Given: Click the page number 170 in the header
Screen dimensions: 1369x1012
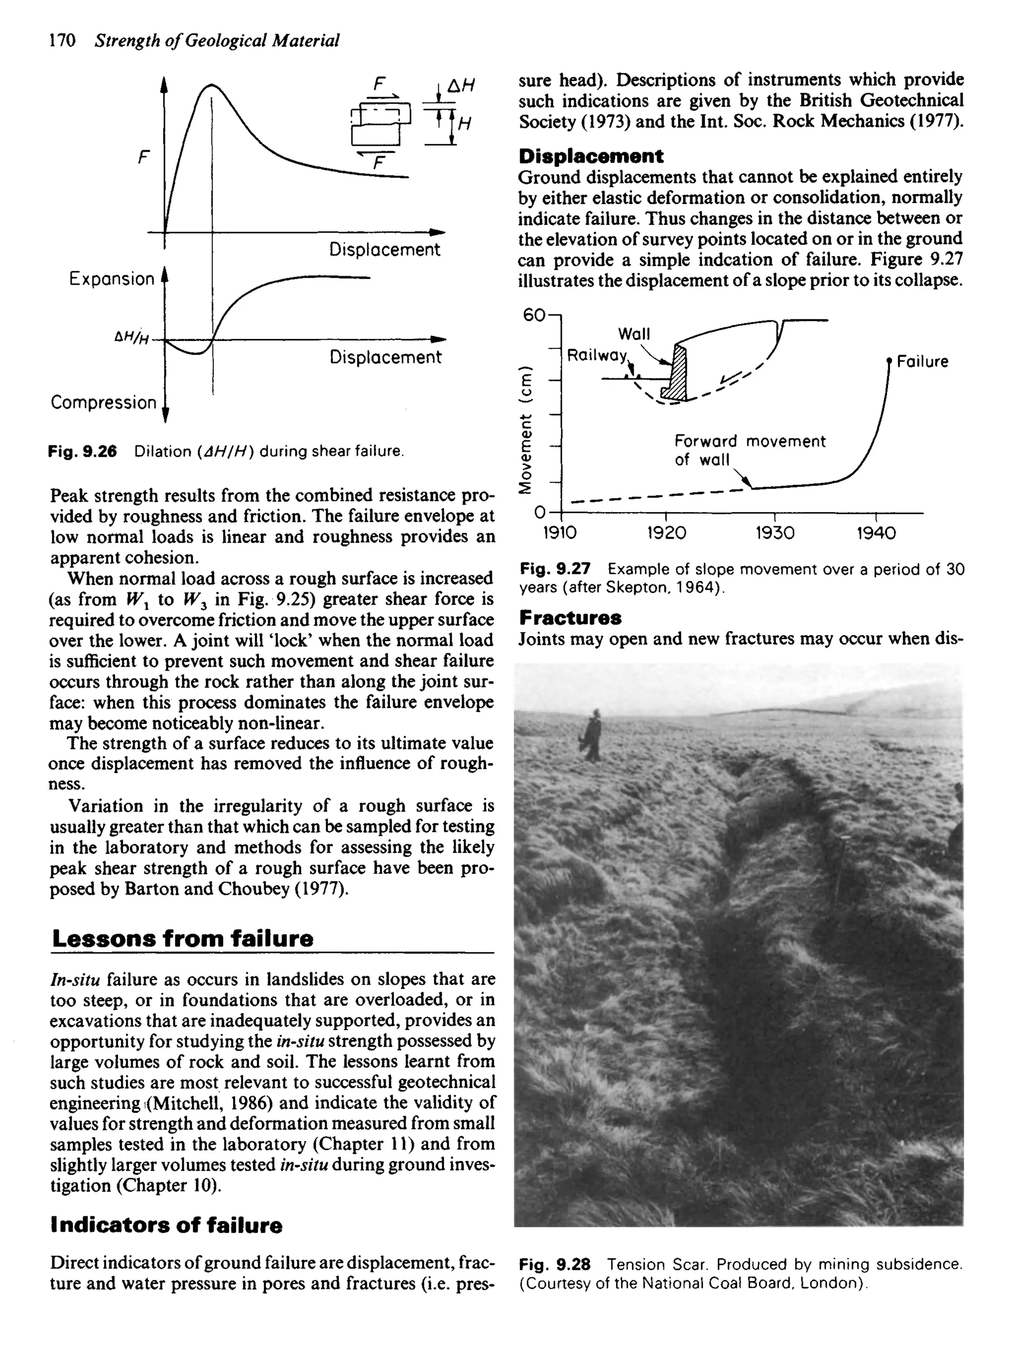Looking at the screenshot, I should coord(62,41).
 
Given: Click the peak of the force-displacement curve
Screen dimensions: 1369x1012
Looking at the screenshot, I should coord(210,85).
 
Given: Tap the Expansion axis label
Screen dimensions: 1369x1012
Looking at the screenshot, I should coord(112,279).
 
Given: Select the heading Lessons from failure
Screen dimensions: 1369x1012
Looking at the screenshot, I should coord(182,939).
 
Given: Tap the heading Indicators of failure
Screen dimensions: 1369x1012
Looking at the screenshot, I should coord(166,1225).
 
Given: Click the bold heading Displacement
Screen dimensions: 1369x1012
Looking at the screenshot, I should coord(590,156).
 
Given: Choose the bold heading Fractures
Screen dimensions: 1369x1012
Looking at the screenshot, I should coord(570,617).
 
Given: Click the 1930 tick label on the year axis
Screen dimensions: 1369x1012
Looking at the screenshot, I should coord(774,533).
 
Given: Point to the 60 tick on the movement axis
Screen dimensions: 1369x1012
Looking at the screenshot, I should coord(533,315).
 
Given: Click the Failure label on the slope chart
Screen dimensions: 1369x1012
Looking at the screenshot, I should coord(922,362).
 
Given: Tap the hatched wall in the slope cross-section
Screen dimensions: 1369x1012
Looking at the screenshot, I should coord(677,374).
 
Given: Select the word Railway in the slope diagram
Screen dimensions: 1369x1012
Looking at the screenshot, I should coord(597,355).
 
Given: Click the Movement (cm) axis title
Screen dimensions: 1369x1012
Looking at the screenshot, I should coord(524,429).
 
